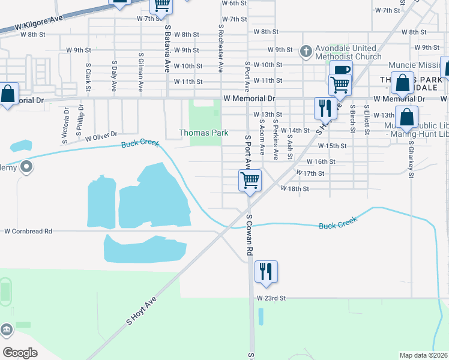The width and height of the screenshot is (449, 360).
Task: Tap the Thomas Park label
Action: click(203, 133)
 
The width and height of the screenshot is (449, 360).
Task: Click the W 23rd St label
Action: click(271, 298)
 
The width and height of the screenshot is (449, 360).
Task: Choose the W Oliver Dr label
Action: click(101, 137)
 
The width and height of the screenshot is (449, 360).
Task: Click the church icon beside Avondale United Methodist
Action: click(306, 51)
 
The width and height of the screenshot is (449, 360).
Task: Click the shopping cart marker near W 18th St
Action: click(250, 179)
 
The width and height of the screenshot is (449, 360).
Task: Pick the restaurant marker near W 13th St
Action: click(325, 108)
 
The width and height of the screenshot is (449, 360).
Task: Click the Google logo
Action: click(20, 353)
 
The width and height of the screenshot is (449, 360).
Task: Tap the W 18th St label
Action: click(295, 188)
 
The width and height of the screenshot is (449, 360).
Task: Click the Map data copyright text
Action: click(423, 355)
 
